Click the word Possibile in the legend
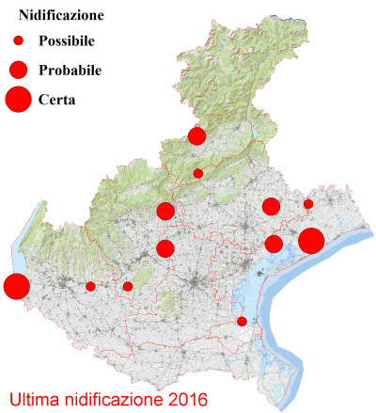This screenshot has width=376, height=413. [70, 41]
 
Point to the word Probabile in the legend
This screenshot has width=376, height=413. [70, 70]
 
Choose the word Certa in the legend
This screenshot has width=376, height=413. [57, 99]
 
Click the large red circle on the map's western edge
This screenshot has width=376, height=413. [15, 285]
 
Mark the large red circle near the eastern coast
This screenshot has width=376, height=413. [312, 241]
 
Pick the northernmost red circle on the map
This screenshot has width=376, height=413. [196, 136]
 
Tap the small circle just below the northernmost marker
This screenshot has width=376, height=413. [197, 173]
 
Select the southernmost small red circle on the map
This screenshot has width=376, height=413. [242, 322]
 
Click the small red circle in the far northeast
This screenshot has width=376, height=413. [308, 203]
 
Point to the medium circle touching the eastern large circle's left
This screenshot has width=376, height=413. [274, 245]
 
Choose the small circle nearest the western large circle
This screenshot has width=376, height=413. [90, 286]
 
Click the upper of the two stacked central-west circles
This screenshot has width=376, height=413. [165, 211]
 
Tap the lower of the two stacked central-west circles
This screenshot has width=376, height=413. [165, 248]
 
